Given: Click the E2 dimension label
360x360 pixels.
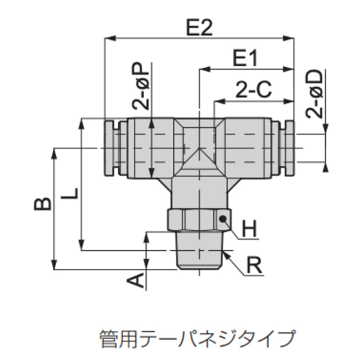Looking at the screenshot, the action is (x=199, y=27).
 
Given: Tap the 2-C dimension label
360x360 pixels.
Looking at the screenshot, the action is (x=254, y=89).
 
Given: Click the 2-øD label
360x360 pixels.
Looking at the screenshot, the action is (x=314, y=94).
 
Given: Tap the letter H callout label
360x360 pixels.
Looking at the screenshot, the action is (x=249, y=229).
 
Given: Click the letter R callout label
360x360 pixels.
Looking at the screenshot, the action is (x=254, y=265).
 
